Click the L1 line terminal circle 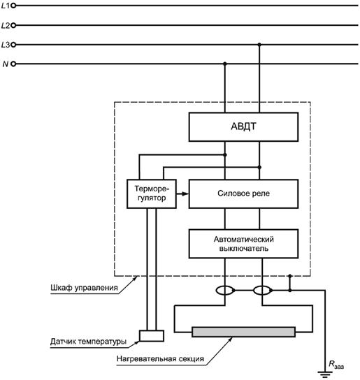point(13,6)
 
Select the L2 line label point(6,25)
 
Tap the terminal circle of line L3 point(13,45)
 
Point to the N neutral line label point(6,64)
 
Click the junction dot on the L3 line point(259,45)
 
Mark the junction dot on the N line point(225,64)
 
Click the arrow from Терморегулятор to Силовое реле point(182,193)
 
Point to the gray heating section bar point(243,332)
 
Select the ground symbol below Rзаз point(325,374)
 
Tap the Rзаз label point(336,365)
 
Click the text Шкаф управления point(84,288)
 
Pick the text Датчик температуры point(89,342)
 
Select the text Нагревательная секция point(160,358)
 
